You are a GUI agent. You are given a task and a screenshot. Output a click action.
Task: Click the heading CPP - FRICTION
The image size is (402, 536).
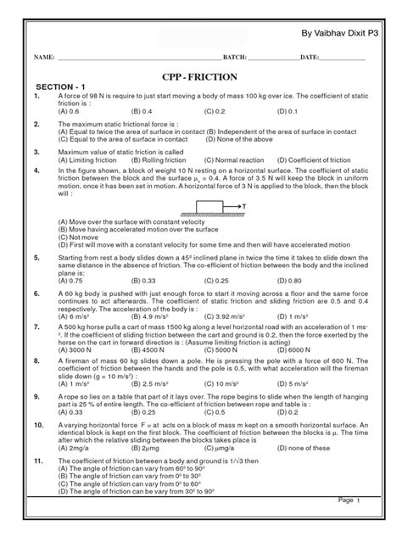tap(200, 74)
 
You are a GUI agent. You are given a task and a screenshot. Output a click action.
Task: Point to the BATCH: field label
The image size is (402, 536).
tap(233, 58)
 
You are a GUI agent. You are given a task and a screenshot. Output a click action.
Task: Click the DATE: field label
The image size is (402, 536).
tap(309, 58)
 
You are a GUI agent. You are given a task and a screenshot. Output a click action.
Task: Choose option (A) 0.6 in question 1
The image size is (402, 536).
tap(70, 110)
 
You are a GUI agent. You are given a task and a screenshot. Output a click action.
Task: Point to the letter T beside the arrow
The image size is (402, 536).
tap(244, 206)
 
